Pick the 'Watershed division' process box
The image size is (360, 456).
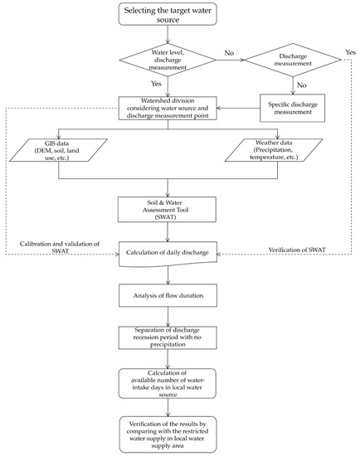click(167, 108)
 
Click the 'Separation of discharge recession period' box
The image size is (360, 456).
click(167, 337)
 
